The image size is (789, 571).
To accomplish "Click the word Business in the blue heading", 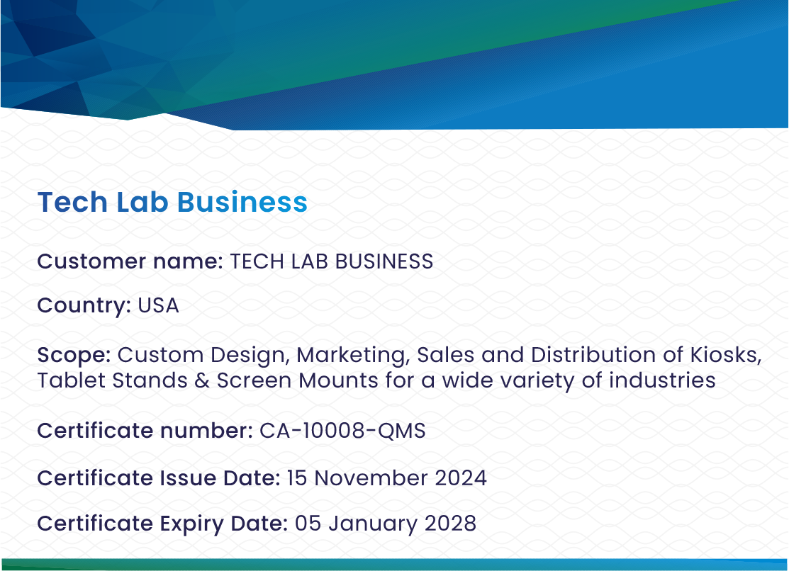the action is pyautogui.click(x=242, y=202).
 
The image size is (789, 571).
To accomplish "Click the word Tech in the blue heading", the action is pyautogui.click(x=72, y=202).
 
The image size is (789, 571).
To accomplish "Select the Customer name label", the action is pyautogui.click(x=130, y=261).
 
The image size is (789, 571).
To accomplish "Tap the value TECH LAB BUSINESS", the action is pyautogui.click(x=332, y=261).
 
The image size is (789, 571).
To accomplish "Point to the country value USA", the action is pyautogui.click(x=158, y=305).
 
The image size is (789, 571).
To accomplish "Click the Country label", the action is pyautogui.click(x=84, y=306).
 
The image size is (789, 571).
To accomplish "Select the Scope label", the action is pyautogui.click(x=74, y=355).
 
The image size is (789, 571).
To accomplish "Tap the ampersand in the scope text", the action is pyautogui.click(x=202, y=380).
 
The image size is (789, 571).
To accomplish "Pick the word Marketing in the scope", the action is pyautogui.click(x=353, y=355).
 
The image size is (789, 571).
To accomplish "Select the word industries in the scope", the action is pyautogui.click(x=662, y=380).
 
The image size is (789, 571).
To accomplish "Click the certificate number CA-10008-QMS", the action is pyautogui.click(x=342, y=431).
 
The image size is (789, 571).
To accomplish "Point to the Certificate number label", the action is pyautogui.click(x=145, y=431).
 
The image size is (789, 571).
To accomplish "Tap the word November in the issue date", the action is pyautogui.click(x=371, y=478).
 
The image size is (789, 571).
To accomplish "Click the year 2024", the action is pyautogui.click(x=460, y=478).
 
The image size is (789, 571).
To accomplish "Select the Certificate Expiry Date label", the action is pyautogui.click(x=162, y=524).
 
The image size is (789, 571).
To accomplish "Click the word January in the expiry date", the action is pyautogui.click(x=373, y=524).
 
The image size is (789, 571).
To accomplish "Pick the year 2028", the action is pyautogui.click(x=450, y=524).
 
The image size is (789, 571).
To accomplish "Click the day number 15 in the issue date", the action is pyautogui.click(x=297, y=478).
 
